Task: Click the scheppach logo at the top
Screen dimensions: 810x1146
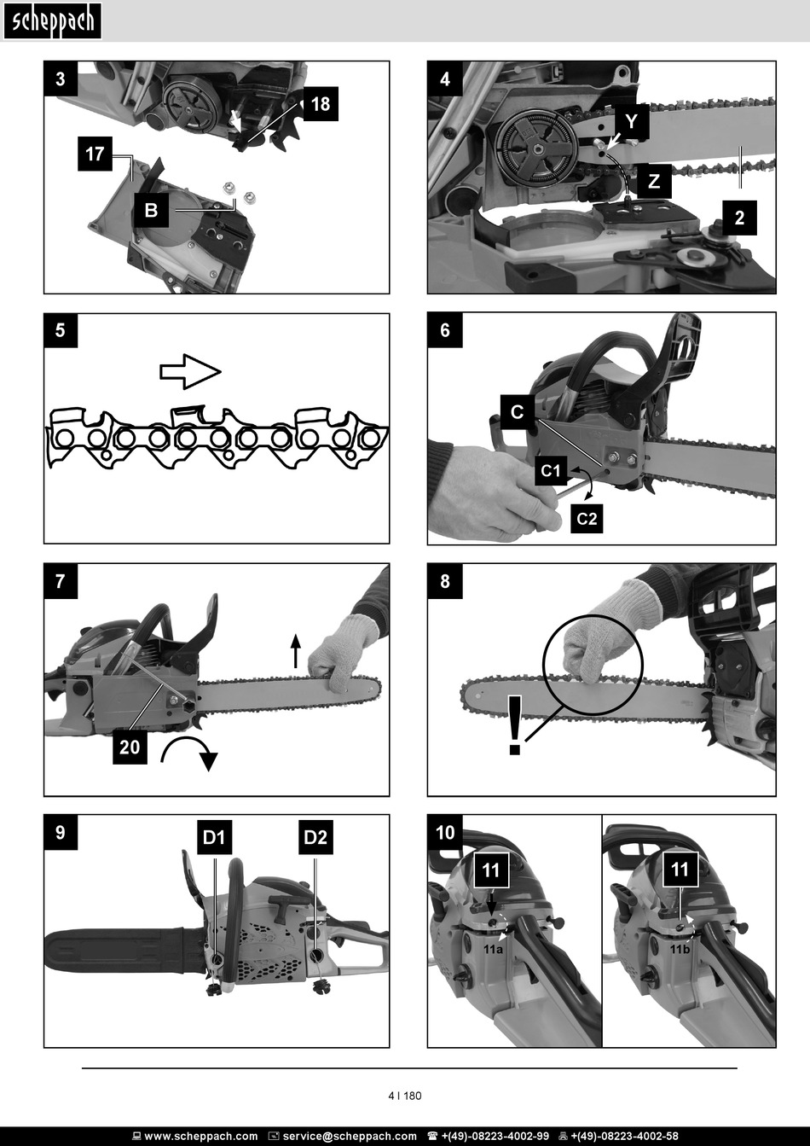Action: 52,21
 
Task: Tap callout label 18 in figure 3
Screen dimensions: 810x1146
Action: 321,104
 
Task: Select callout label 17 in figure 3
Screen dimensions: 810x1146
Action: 95,154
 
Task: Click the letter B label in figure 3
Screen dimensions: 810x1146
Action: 151,210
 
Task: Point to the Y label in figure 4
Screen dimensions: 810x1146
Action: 632,121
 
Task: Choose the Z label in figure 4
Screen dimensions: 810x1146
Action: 654,181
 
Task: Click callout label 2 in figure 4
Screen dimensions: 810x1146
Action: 739,218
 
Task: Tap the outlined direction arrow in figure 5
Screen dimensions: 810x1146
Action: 191,371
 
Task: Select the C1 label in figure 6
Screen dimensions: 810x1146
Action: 551,470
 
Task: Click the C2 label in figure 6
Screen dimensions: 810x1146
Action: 587,519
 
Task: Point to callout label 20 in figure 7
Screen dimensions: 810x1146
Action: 130,747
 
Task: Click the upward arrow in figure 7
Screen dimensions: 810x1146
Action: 296,651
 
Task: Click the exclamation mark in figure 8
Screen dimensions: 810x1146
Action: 515,725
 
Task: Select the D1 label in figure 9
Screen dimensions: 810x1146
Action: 214,837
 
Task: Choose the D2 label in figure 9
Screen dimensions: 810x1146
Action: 315,837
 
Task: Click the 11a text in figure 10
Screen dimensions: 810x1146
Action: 493,950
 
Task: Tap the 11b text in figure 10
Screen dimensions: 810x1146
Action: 680,950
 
